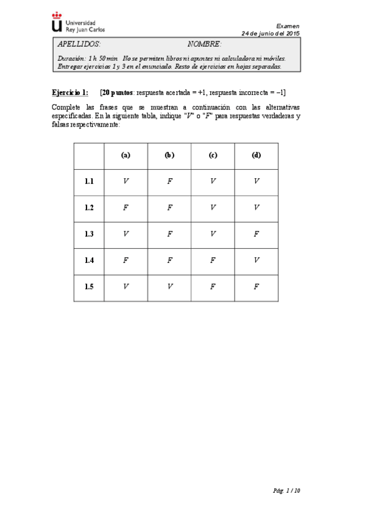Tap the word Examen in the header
[288, 26]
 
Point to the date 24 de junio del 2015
[271, 33]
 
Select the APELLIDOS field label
[79, 45]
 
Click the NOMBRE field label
[204, 45]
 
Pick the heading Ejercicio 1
[70, 92]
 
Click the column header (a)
[126, 155]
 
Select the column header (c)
[213, 155]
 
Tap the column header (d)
[256, 155]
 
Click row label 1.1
[90, 181]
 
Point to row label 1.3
[90, 234]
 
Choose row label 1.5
[90, 287]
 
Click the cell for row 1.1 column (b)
[169, 181]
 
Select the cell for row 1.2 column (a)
[126, 207]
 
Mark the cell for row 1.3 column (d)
[256, 234]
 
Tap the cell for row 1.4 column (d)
[256, 260]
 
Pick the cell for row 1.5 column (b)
[169, 287]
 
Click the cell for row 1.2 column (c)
[213, 207]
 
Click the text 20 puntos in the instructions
[118, 92]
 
